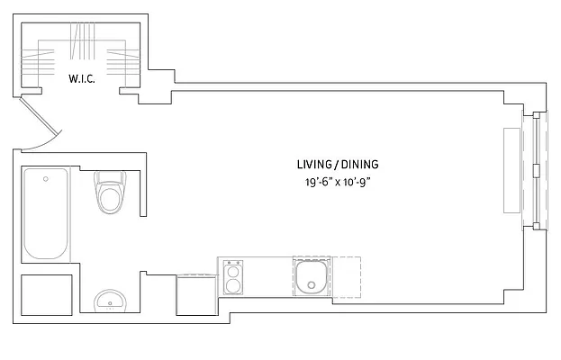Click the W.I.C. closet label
click(x=82, y=78)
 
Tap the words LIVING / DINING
click(x=338, y=165)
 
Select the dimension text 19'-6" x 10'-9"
click(x=338, y=183)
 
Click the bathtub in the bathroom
click(x=46, y=213)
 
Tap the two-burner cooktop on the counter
click(x=232, y=278)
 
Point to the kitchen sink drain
click(x=312, y=287)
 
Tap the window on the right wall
click(x=538, y=168)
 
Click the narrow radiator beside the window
click(x=512, y=169)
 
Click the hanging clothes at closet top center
click(x=83, y=40)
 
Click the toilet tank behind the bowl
click(x=112, y=176)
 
